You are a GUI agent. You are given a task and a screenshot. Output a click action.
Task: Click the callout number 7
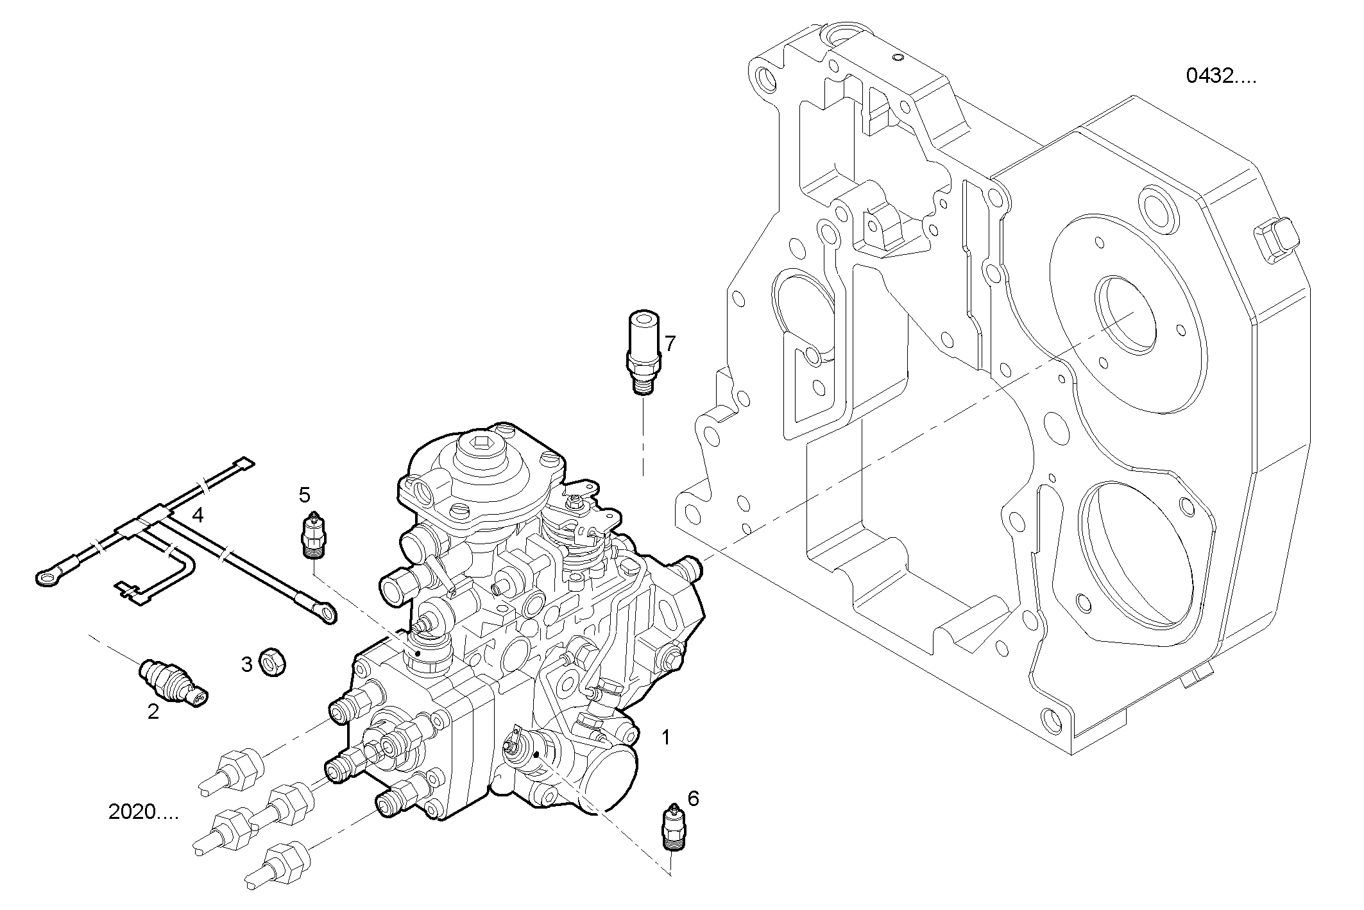pos(670,344)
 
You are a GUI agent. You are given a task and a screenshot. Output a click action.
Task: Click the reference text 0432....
pos(1220,76)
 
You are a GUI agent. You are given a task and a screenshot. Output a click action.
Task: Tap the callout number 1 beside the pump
pos(666,737)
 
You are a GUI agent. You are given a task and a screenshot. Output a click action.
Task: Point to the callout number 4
pos(198,515)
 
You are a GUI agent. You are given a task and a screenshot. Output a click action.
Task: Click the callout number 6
pos(693,799)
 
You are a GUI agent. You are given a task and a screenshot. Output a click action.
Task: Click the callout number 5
pos(304,495)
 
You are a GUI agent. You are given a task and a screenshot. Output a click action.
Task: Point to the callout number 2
pos(153,711)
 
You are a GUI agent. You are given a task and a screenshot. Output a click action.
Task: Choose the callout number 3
pos(247,665)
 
